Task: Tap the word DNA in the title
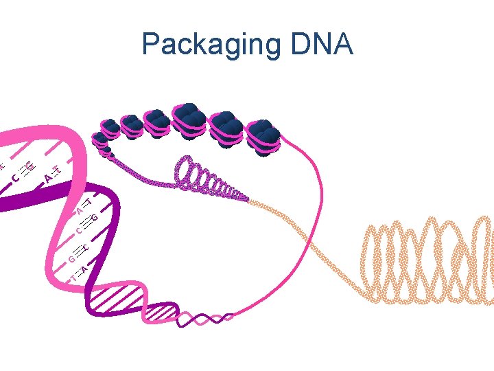pyautogui.click(x=321, y=45)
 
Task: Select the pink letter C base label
pyautogui.click(x=15, y=180)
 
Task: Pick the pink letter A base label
pyautogui.click(x=47, y=179)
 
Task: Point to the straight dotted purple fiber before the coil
pyautogui.click(x=144, y=172)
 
